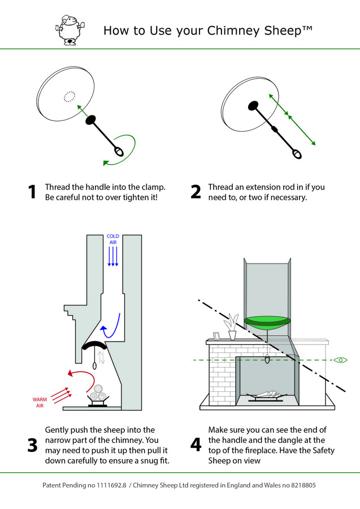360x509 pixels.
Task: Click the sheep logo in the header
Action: point(68,30)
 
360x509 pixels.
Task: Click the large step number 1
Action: point(32,192)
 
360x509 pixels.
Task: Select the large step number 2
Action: point(196,192)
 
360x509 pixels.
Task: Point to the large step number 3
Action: point(32,445)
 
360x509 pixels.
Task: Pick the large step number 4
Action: point(196,445)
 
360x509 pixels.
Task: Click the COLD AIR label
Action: point(113,239)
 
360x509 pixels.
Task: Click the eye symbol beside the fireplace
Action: point(340,360)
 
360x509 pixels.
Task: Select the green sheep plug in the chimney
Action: point(267,322)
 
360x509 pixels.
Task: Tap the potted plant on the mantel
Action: point(232,329)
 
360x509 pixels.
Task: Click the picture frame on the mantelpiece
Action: point(214,335)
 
